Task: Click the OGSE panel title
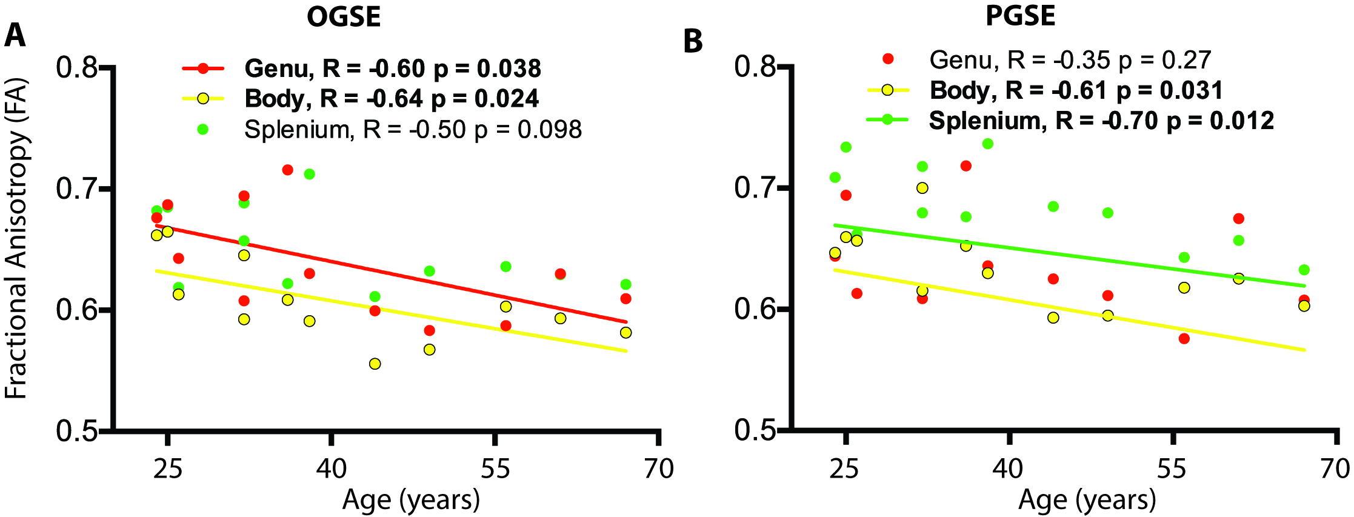[x=344, y=16]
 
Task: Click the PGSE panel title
[x=1021, y=16]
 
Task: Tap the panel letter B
[x=693, y=41]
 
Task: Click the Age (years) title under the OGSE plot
[x=411, y=500]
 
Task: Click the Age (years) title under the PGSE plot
[x=1087, y=500]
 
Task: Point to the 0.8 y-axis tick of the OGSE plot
[x=77, y=67]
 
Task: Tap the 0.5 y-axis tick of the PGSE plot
[x=755, y=430]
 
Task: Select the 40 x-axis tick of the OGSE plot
[x=332, y=469]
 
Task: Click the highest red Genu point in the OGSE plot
[x=287, y=170]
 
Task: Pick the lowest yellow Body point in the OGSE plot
[x=375, y=364]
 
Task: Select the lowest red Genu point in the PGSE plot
[x=1184, y=338]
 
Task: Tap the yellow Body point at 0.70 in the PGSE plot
[x=922, y=188]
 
